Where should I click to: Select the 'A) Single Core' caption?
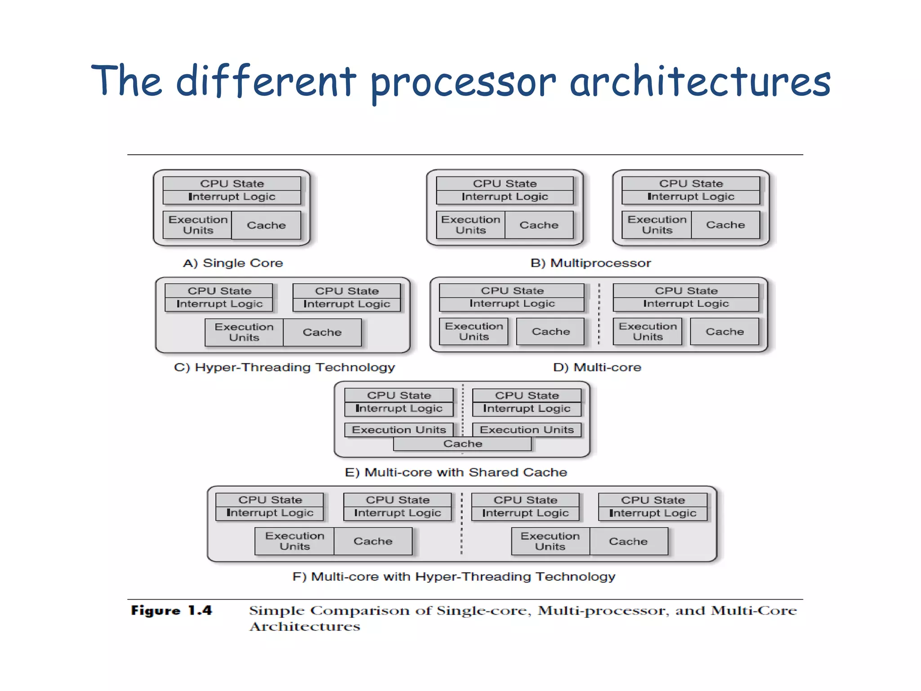click(x=233, y=263)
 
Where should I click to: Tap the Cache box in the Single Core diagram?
click(x=266, y=225)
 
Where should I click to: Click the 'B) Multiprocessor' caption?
click(x=590, y=263)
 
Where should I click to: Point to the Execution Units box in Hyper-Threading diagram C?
click(x=244, y=332)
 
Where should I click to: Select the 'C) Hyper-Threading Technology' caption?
click(x=284, y=368)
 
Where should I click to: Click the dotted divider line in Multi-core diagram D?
click(x=599, y=315)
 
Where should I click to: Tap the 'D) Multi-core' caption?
click(x=597, y=368)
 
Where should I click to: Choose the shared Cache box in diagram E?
click(x=462, y=444)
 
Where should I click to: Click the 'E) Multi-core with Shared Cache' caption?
click(x=456, y=472)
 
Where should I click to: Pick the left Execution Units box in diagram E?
click(x=398, y=430)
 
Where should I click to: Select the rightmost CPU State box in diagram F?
click(x=653, y=500)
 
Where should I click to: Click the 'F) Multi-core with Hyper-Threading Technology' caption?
click(x=453, y=577)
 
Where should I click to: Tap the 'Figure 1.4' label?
click(x=171, y=610)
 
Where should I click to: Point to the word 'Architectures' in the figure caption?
click(x=305, y=627)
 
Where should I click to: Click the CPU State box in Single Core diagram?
click(x=232, y=184)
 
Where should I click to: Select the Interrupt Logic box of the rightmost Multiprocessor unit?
click(x=691, y=197)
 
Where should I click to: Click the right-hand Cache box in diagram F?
click(x=628, y=541)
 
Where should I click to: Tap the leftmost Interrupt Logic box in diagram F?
click(x=270, y=513)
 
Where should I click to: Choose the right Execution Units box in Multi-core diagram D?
click(x=648, y=332)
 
